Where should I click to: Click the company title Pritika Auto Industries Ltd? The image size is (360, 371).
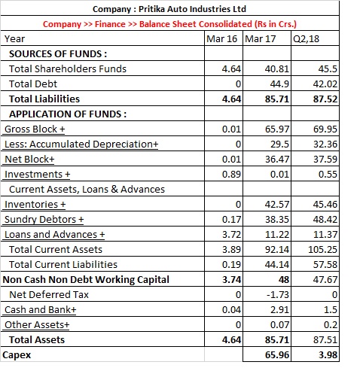[169, 9]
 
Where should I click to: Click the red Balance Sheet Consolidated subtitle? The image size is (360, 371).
[169, 24]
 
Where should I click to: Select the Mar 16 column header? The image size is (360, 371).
[221, 39]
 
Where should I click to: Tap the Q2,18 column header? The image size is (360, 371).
[306, 39]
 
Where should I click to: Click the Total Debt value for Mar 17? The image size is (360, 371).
[279, 84]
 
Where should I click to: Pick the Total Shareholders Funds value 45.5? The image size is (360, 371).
[328, 69]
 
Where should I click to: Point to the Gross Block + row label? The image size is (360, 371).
[35, 129]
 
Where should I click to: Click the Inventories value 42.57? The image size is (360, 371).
[277, 205]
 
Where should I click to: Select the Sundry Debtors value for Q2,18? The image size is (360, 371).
[325, 220]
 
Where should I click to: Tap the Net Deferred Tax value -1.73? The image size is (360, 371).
[278, 295]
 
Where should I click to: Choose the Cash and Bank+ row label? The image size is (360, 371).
[40, 310]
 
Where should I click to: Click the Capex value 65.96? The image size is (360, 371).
[277, 355]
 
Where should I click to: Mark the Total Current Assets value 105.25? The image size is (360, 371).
[322, 250]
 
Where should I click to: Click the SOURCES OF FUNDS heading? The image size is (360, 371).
[58, 54]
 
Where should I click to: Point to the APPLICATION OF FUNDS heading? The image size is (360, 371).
[68, 114]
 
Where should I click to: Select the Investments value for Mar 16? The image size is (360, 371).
[231, 175]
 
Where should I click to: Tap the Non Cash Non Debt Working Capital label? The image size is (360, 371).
[86, 280]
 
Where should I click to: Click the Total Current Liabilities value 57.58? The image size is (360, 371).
[325, 265]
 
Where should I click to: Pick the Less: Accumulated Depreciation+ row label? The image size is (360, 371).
[81, 144]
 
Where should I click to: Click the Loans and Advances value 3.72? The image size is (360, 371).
[231, 235]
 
